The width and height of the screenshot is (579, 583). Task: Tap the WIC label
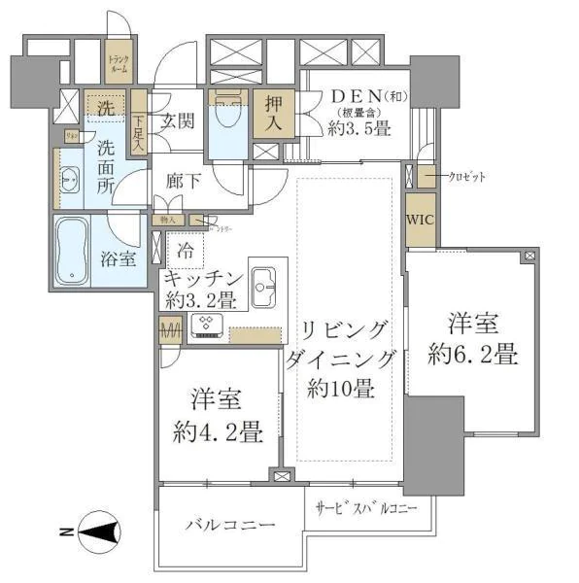(x=421, y=219)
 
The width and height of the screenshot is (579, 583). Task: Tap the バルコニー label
(x=230, y=525)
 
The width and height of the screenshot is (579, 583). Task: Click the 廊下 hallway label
(x=183, y=182)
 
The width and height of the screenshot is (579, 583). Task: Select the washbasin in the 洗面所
(x=70, y=181)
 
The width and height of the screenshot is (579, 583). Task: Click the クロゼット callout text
(x=466, y=177)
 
